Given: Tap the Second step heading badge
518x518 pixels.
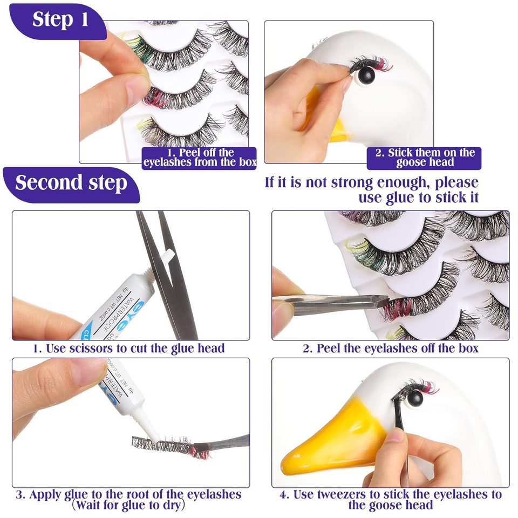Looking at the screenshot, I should [71, 183].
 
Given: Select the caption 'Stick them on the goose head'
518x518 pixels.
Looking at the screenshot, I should [424, 158].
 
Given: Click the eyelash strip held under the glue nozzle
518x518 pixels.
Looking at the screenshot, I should [167, 445].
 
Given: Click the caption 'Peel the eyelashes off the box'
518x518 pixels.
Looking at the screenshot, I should [390, 349].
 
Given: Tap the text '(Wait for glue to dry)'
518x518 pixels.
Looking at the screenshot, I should [128, 506].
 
